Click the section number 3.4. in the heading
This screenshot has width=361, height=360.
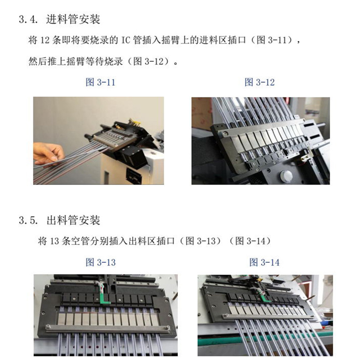[28, 19]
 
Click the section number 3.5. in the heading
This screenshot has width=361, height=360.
[28, 220]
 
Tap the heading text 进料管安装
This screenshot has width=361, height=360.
[73, 19]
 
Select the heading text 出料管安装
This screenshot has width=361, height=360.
[73, 220]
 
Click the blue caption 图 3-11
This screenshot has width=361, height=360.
[101, 82]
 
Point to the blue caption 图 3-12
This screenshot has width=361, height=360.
[260, 82]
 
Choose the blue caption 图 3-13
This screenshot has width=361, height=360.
[101, 262]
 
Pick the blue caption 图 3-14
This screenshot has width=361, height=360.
[265, 262]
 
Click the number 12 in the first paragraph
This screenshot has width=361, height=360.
[45, 40]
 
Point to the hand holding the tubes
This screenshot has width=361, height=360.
[48, 154]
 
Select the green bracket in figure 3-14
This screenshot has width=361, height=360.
[265, 297]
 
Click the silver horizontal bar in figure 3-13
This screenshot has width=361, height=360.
[108, 328]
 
